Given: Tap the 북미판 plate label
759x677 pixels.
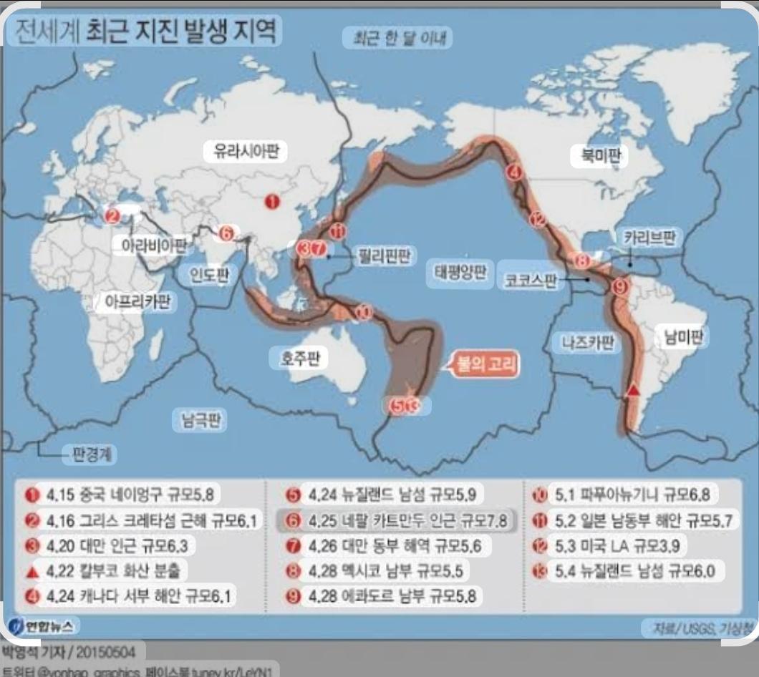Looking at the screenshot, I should tap(599, 155).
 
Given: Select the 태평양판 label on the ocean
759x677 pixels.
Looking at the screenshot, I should tap(460, 273).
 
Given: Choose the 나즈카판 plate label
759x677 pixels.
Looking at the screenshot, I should tap(588, 343).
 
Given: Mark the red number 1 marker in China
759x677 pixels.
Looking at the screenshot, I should tap(272, 202).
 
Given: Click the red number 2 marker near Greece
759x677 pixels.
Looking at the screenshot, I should tap(112, 215).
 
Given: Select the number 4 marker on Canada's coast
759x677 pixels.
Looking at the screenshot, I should tap(513, 172).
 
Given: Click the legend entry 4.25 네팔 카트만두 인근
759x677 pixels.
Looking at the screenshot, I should tap(396, 520).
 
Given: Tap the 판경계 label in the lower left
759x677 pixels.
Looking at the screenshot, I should tap(90, 453).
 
